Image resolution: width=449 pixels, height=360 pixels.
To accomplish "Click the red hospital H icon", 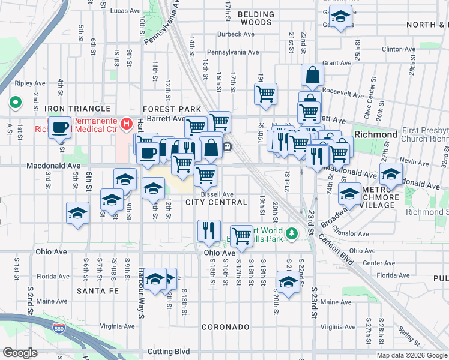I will [x=126, y=124].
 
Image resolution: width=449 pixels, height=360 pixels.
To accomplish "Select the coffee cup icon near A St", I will [x=59, y=128].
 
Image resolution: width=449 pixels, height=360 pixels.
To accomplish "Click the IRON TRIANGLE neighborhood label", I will [x=77, y=109].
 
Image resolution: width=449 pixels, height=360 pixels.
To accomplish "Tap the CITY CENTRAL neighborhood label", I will [x=216, y=202].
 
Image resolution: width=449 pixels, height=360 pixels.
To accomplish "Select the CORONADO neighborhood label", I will [x=225, y=327].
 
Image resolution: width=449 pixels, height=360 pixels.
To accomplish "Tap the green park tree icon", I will [x=292, y=233].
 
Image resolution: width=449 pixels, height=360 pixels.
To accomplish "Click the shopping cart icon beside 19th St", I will [x=265, y=93].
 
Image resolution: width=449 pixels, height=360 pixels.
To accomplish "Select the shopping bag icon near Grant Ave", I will [x=312, y=75].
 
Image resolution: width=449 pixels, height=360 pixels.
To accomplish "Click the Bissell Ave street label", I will [x=217, y=194].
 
